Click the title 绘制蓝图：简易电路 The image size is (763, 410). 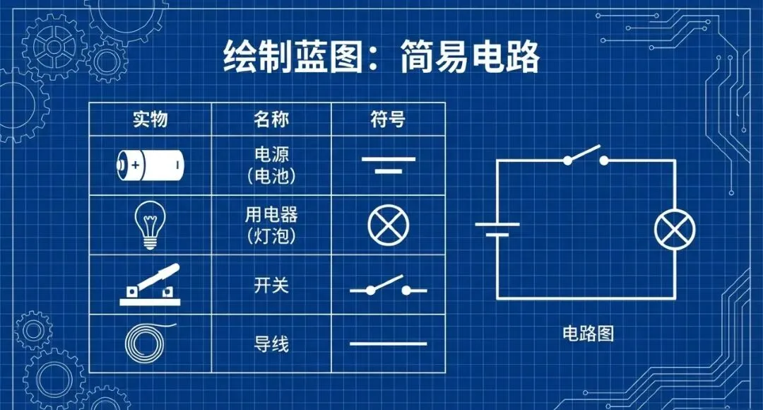pos(381,57)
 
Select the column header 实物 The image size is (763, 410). pos(150,119)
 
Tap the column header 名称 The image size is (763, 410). pos(271,119)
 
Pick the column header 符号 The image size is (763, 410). pos(388,119)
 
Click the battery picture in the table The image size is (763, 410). pos(150,166)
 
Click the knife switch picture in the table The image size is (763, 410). pos(150,285)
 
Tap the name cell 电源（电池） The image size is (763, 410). pos(271,166)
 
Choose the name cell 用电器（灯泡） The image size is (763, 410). pos(271,225)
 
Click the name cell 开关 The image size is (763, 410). pos(271,286)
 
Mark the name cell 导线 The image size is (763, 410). pos(271,344)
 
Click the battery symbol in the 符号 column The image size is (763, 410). pos(388,165)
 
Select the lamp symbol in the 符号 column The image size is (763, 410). pos(388,225)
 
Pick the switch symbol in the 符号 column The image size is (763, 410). pos(388,287)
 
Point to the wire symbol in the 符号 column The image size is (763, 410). pos(388,344)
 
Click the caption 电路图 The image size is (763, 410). pos(588,334)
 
